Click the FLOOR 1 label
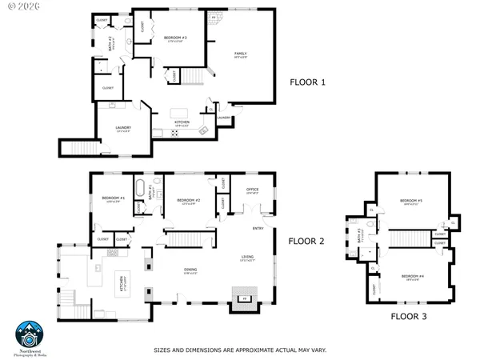(307, 82)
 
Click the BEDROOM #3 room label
(175, 38)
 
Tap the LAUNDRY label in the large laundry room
(122, 128)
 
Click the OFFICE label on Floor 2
(251, 190)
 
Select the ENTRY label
(258, 229)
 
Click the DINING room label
(190, 270)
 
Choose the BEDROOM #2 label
(187, 201)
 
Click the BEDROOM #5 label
(412, 201)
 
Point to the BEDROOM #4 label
(413, 276)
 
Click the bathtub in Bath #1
(142, 190)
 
